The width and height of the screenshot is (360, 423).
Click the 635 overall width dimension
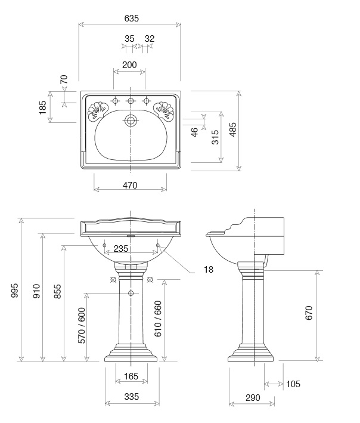(x=132, y=18)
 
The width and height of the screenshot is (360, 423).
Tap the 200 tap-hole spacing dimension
(x=129, y=65)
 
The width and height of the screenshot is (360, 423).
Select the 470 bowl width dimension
(x=130, y=186)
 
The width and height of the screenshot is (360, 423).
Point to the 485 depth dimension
(x=234, y=129)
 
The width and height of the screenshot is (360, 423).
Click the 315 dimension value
(x=215, y=137)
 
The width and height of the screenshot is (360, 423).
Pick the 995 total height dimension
(x=14, y=291)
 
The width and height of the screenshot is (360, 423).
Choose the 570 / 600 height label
(x=82, y=326)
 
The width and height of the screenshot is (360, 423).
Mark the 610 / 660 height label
(x=158, y=319)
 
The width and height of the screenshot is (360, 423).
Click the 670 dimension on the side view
(x=309, y=313)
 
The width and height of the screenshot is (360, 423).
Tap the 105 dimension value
(x=293, y=384)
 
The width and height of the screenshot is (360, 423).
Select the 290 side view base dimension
(x=253, y=397)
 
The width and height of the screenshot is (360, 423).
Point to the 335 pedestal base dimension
(x=132, y=397)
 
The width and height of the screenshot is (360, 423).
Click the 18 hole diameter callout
(x=209, y=269)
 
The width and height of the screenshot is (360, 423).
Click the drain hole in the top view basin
(x=131, y=121)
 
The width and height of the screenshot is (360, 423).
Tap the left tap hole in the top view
(x=115, y=101)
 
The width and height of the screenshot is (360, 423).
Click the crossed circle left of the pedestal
(x=113, y=280)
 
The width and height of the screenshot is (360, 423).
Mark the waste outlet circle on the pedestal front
(x=131, y=293)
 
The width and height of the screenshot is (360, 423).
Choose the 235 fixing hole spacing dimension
(x=121, y=248)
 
